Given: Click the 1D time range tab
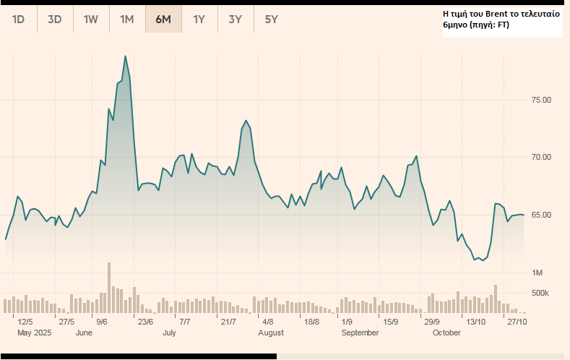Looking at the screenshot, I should pyautogui.click(x=19, y=20).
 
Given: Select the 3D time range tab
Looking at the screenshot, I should pyautogui.click(x=55, y=20).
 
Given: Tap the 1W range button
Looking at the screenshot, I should pyautogui.click(x=91, y=20).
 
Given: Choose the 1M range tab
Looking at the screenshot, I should pyautogui.click(x=127, y=20).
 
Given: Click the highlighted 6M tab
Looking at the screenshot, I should pyautogui.click(x=163, y=20).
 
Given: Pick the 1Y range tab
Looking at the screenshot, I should pyautogui.click(x=199, y=20).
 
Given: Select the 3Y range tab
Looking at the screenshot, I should pyautogui.click(x=236, y=20).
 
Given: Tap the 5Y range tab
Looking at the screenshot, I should pyautogui.click(x=272, y=20).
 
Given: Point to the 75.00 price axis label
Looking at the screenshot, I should pyautogui.click(x=541, y=100).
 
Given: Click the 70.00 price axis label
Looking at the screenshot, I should pyautogui.click(x=541, y=158).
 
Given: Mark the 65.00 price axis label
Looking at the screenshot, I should pyautogui.click(x=541, y=215).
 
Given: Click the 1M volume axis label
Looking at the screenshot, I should pyautogui.click(x=537, y=273).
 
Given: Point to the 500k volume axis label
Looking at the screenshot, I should pyautogui.click(x=540, y=293).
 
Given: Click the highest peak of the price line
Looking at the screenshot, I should pyautogui.click(x=126, y=56).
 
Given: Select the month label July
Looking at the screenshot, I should pyautogui.click(x=170, y=333).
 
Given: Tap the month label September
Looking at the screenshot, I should pyautogui.click(x=360, y=333).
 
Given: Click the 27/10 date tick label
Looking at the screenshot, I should pyautogui.click(x=516, y=322).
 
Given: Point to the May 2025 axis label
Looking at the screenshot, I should pyautogui.click(x=34, y=333).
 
